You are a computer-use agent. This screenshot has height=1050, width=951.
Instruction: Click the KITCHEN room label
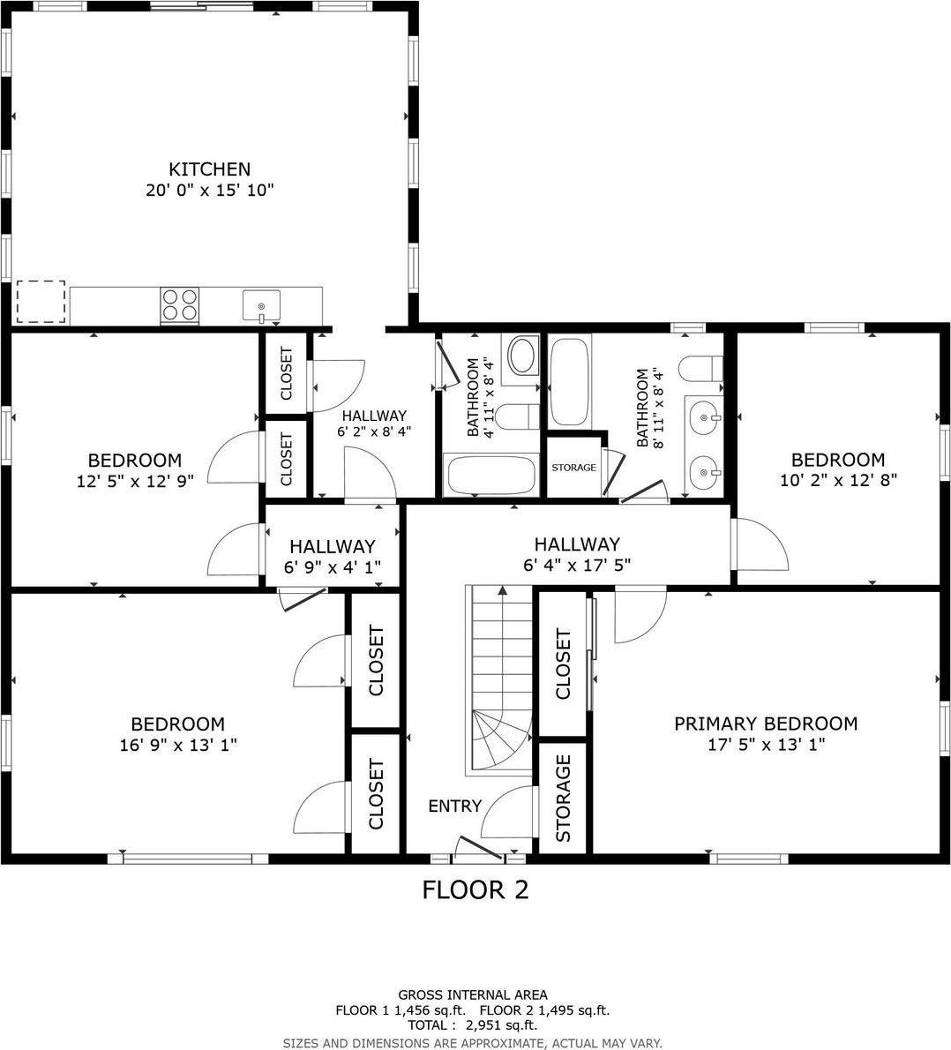[x=210, y=169]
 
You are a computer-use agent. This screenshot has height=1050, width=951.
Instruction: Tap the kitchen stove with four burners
[x=179, y=304]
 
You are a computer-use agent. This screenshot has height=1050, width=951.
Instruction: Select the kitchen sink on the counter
[x=261, y=305]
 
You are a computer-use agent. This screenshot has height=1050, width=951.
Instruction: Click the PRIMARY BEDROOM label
[x=766, y=724]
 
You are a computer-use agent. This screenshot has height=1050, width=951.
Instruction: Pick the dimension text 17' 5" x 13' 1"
[x=766, y=745]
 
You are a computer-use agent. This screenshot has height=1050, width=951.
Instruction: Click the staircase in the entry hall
[x=500, y=679]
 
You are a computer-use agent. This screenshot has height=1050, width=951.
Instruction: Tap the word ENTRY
[x=455, y=806]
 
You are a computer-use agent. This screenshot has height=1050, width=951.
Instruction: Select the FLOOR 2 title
[x=475, y=889]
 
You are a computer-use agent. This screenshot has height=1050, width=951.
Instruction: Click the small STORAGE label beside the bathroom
[x=573, y=467]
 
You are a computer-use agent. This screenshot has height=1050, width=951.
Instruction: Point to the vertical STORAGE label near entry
[x=563, y=799]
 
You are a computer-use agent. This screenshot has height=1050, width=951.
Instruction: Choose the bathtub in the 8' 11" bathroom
[x=570, y=382]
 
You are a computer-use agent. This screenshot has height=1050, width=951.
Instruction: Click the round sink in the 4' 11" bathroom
[x=523, y=355]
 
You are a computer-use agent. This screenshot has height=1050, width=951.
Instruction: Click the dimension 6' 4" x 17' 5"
[x=577, y=566]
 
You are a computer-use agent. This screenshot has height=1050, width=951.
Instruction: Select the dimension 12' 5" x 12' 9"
[x=135, y=481]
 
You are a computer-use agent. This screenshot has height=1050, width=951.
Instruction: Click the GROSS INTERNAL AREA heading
[x=473, y=994]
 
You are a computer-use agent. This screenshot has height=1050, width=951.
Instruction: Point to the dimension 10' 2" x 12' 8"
[x=837, y=481]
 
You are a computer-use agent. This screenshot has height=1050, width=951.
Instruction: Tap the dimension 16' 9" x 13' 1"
[x=178, y=745]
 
